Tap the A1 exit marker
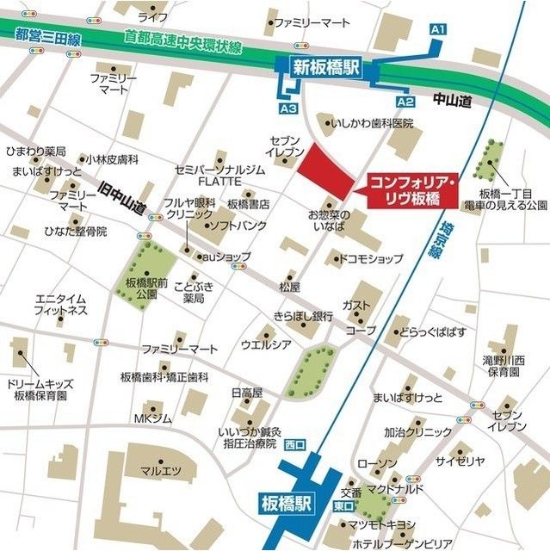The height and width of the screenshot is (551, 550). click(x=437, y=29)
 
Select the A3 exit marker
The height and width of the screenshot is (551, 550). click(x=288, y=109)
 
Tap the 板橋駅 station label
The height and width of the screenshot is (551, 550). click(x=288, y=501)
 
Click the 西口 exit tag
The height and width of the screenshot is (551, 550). click(x=294, y=445)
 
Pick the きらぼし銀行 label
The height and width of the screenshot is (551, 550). click(x=303, y=316)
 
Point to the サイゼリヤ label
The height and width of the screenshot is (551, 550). click(x=460, y=461)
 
